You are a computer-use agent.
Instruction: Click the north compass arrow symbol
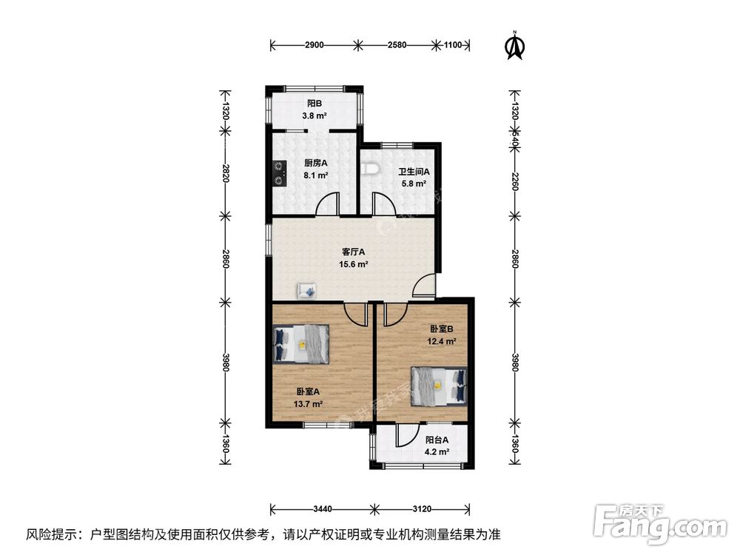[x=514, y=46]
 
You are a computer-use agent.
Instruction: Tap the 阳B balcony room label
[x=314, y=104]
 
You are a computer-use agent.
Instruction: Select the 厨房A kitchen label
[x=315, y=164]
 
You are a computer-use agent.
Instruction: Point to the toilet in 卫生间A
[x=371, y=169]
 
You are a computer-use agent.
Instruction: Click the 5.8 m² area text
[x=414, y=184]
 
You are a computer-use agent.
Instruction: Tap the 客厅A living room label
[x=352, y=252]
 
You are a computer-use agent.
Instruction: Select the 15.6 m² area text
[x=352, y=264]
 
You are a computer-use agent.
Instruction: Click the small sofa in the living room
[x=307, y=290]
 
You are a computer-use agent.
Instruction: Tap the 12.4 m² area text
[x=440, y=341]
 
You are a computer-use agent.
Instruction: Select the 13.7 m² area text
[x=308, y=404]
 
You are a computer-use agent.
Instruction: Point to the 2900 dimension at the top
[x=314, y=45]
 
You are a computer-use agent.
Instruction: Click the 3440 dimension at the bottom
[x=323, y=509]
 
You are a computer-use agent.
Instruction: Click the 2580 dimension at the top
[x=397, y=45]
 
